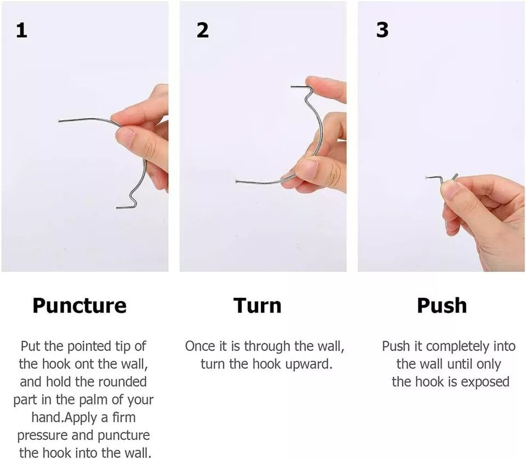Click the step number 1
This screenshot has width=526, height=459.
tap(21, 30)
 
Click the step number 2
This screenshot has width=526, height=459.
tap(202, 30)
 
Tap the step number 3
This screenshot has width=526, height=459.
tap(382, 30)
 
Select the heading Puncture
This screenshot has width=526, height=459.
tap(79, 305)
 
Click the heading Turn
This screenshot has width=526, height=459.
tap(258, 305)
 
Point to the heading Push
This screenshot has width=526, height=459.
tap(442, 305)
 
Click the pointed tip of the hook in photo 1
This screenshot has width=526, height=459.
tap(59, 121)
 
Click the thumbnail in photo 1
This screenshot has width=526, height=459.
tap(125, 137)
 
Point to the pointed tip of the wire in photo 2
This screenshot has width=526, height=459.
tap(237, 182)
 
